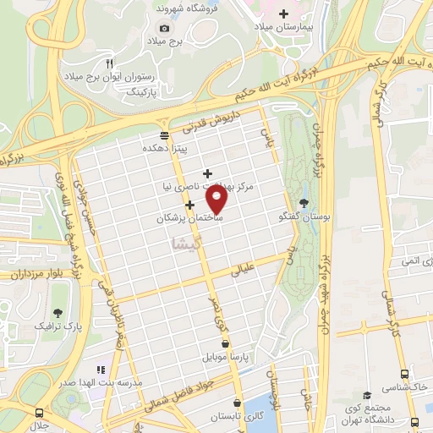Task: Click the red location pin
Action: [x=217, y=200]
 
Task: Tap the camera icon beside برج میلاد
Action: [x=164, y=29]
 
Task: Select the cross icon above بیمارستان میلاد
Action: [x=283, y=14]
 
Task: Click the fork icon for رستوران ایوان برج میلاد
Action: [x=109, y=63]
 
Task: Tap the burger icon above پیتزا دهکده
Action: [x=163, y=134]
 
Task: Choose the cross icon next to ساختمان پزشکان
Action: [x=190, y=205]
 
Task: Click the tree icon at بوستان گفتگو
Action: [x=304, y=200]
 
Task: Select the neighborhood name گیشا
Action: [x=186, y=243]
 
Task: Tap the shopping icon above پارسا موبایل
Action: [x=224, y=343]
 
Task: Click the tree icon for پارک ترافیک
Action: [x=57, y=312]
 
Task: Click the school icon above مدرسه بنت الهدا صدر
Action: [x=100, y=370]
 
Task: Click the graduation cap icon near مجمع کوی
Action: [x=367, y=396]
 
